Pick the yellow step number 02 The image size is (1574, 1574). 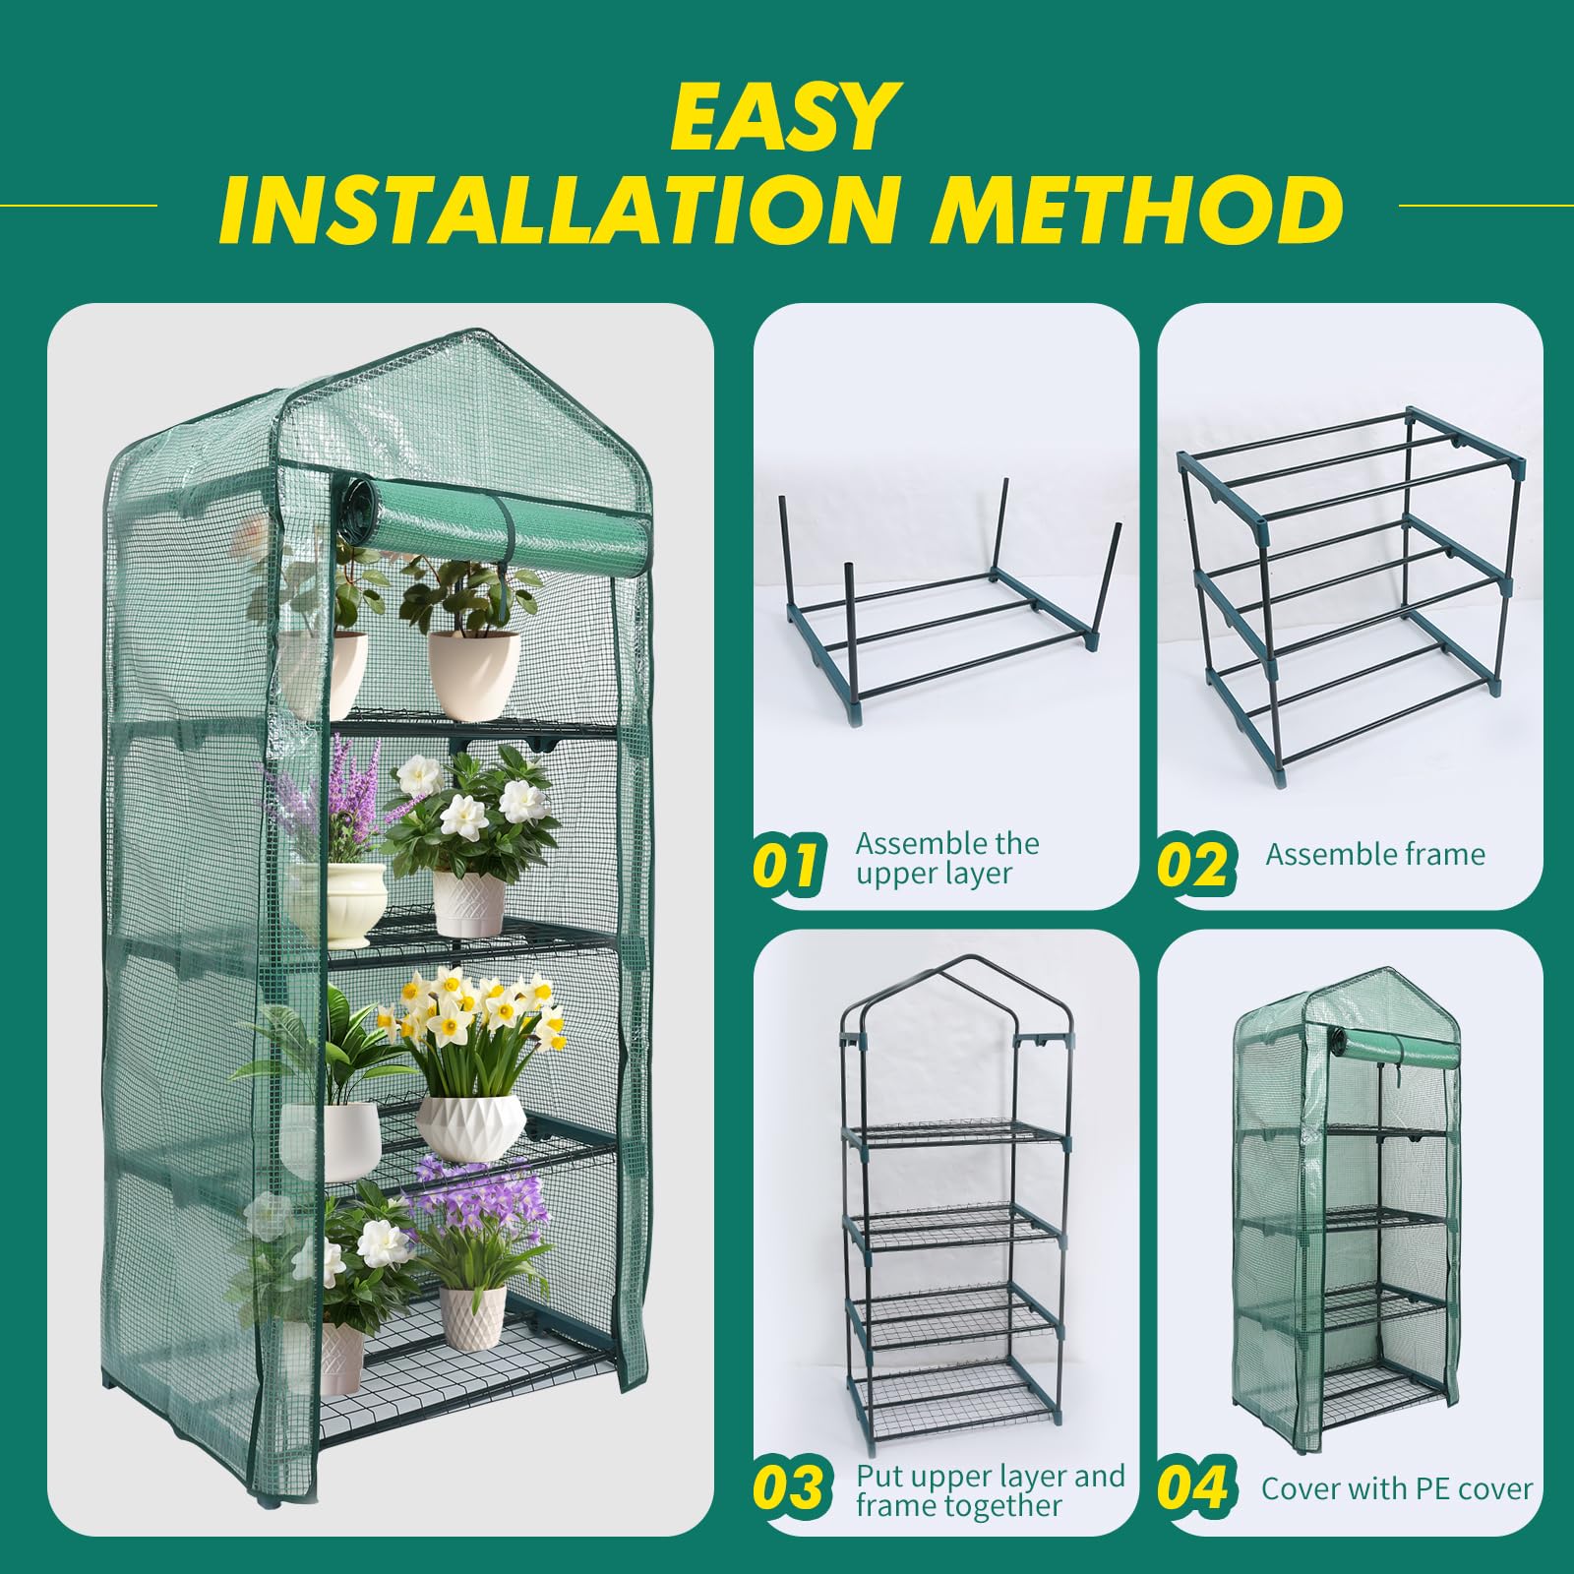tap(1192, 864)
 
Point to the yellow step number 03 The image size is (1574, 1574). tap(789, 1486)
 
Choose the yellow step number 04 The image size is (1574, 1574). tap(1193, 1486)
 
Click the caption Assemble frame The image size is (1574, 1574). tap(1374, 854)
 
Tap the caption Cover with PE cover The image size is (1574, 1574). tap(1396, 1488)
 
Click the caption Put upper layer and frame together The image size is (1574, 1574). tap(989, 1490)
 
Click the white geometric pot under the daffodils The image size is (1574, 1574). tap(470, 1126)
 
